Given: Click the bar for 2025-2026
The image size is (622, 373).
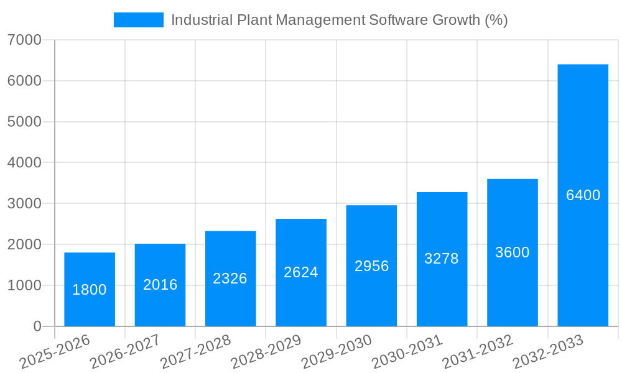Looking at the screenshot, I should tap(90, 289).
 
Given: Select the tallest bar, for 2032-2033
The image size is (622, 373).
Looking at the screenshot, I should tap(583, 195).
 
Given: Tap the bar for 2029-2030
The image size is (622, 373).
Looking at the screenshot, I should tap(371, 265).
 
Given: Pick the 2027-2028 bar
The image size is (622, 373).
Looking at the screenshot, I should tap(230, 279).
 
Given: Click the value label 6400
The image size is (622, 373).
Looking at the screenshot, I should tap(583, 195).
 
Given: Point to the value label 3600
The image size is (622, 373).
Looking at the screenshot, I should tap(512, 252).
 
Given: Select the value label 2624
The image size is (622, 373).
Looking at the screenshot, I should tap(300, 272).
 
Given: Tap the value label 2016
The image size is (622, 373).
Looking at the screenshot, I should tap(160, 285).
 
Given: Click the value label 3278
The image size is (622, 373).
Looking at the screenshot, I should tap(442, 259).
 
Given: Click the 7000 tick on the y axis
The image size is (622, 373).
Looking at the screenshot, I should tap(24, 40).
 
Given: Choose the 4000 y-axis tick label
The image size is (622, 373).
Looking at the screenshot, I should tap(24, 163).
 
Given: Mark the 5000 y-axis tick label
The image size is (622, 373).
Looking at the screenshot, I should tap(24, 122).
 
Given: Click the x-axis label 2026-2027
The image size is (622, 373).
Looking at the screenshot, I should tap(125, 352).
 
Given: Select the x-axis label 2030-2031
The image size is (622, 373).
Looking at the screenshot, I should tap(407, 352).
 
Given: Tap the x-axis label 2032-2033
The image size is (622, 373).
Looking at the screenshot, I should tap(548, 352).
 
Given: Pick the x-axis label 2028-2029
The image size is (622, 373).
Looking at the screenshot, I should tap(266, 352).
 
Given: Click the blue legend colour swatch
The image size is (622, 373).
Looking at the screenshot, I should tap(138, 20).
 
